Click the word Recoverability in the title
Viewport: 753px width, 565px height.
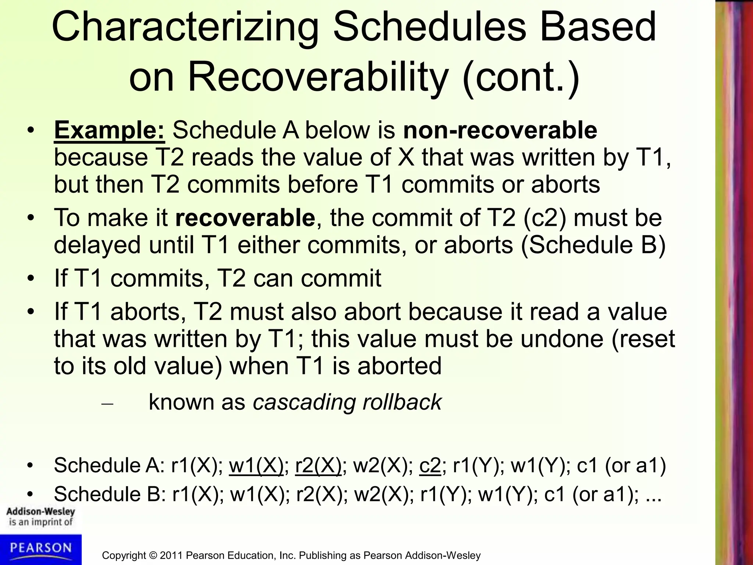pos(318,77)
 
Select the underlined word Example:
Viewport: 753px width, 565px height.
pos(110,130)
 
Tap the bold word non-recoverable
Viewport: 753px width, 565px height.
pos(500,130)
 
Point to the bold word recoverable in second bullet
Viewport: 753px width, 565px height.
pos(245,218)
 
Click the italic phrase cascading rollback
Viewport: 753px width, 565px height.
pos(347,402)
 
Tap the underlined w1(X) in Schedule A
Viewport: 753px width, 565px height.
pos(256,465)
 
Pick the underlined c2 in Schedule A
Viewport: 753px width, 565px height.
pos(430,465)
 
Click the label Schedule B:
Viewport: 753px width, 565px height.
pos(109,494)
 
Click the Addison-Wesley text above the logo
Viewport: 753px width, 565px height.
pos(40,512)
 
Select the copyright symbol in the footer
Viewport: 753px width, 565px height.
pos(152,555)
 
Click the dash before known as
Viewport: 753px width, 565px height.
pos(107,404)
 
